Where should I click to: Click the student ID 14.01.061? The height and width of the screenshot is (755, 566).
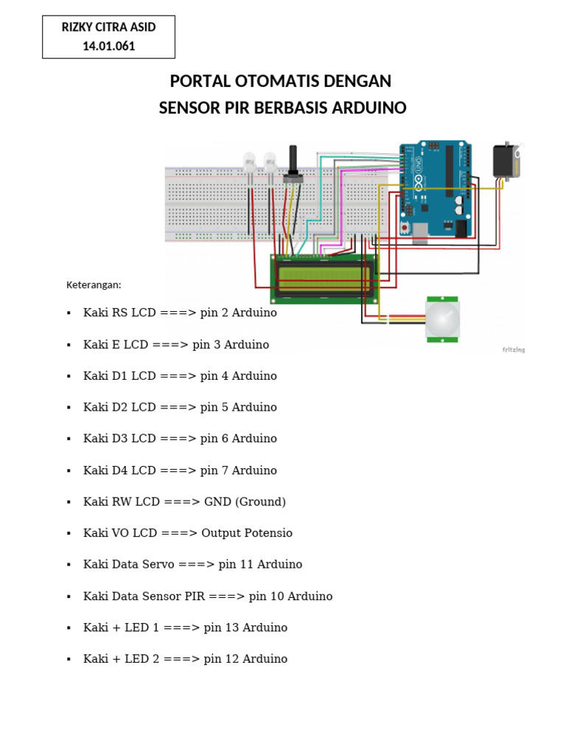pyautogui.click(x=109, y=46)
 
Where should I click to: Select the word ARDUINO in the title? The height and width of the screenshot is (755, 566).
pyautogui.click(x=369, y=108)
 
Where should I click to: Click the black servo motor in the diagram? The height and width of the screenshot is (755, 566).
pyautogui.click(x=506, y=161)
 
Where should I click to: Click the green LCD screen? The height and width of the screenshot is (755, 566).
pyautogui.click(x=324, y=278)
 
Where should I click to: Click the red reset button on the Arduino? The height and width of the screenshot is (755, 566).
pyautogui.click(x=406, y=229)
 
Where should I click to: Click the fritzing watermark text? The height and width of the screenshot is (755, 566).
pyautogui.click(x=513, y=349)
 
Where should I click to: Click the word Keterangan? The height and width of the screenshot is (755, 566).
pyautogui.click(x=94, y=285)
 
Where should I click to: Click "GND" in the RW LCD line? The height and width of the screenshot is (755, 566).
pyautogui.click(x=217, y=501)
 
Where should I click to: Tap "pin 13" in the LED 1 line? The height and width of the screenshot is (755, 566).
pyautogui.click(x=221, y=627)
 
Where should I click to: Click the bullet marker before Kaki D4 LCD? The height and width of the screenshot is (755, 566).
pyautogui.click(x=69, y=471)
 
